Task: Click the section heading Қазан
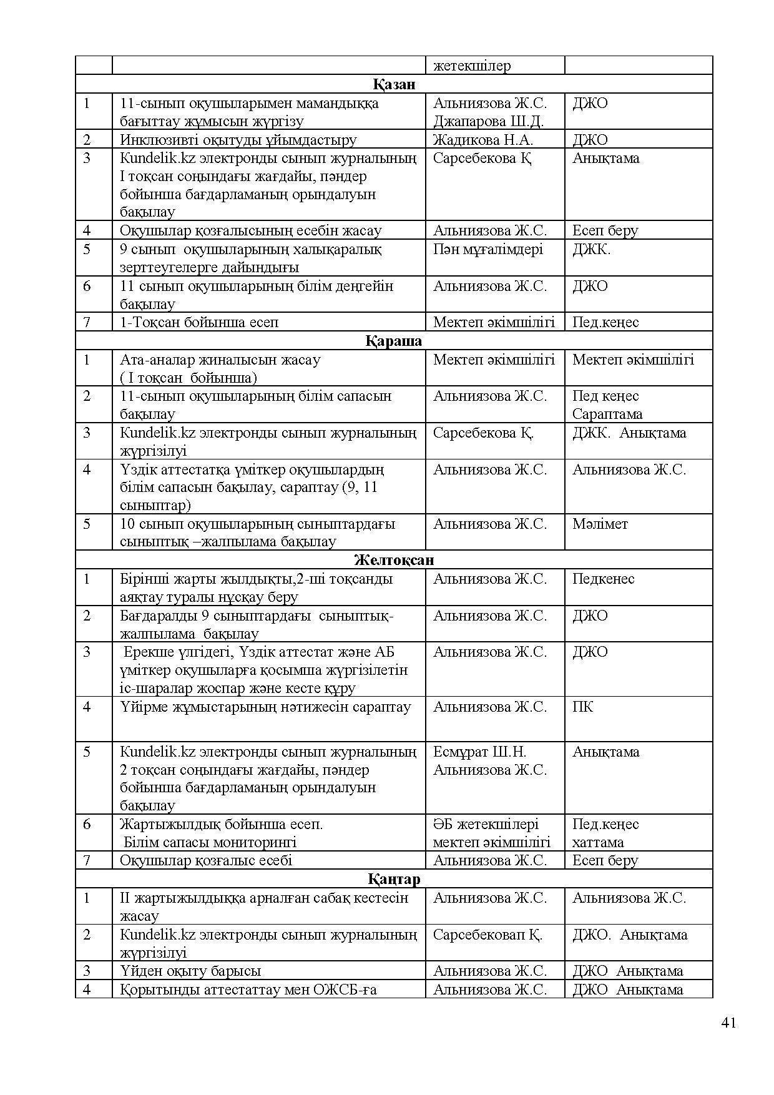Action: pyautogui.click(x=394, y=84)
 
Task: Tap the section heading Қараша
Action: pyautogui.click(x=393, y=341)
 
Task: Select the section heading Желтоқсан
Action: pyautogui.click(x=393, y=560)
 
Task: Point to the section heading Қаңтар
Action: pyautogui.click(x=393, y=879)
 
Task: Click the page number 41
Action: pyautogui.click(x=728, y=1023)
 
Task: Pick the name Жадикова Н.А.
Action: pyautogui.click(x=483, y=140)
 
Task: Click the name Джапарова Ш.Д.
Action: pyautogui.click(x=488, y=121)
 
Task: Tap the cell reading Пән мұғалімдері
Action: pyautogui.click(x=487, y=249)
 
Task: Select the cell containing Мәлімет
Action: pyautogui.click(x=600, y=524)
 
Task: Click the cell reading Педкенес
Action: pyautogui.click(x=603, y=579)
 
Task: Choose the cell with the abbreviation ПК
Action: pyautogui.click(x=582, y=707)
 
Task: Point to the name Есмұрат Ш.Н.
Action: pyautogui.click(x=479, y=752)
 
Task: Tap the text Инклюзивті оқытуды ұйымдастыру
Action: pyautogui.click(x=238, y=140)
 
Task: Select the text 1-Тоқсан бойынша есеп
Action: pyautogui.click(x=199, y=322)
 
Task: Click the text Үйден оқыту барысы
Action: pyautogui.click(x=190, y=971)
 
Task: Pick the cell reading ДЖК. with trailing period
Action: pyautogui.click(x=591, y=249)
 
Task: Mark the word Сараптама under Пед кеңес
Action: pyautogui.click(x=607, y=414)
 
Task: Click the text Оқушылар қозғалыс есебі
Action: pyautogui.click(x=206, y=860)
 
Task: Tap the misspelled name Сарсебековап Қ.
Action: pyautogui.click(x=487, y=935)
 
